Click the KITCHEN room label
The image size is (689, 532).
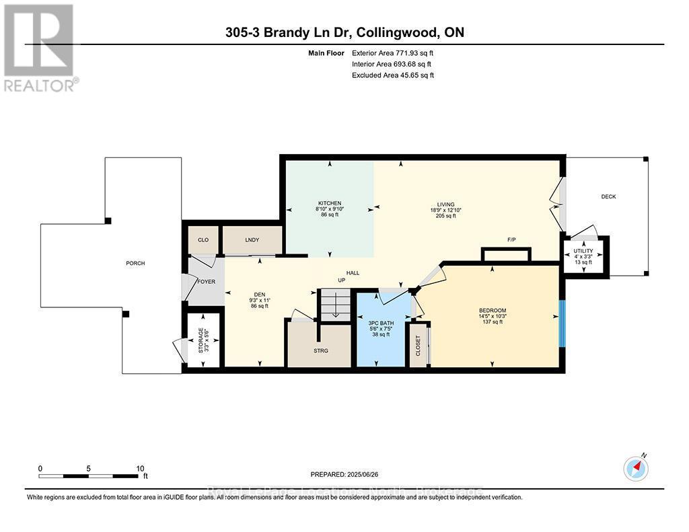(x=330, y=203)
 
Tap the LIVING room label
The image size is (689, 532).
(x=445, y=204)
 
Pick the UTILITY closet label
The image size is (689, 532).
(x=583, y=252)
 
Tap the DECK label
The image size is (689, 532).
(x=608, y=196)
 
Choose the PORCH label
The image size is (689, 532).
(x=135, y=263)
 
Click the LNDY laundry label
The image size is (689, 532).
(x=251, y=239)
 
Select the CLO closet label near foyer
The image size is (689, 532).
(x=203, y=239)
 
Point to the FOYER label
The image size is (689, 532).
(x=206, y=281)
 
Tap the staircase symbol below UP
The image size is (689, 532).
(x=334, y=306)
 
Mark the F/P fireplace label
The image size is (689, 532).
(x=511, y=239)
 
